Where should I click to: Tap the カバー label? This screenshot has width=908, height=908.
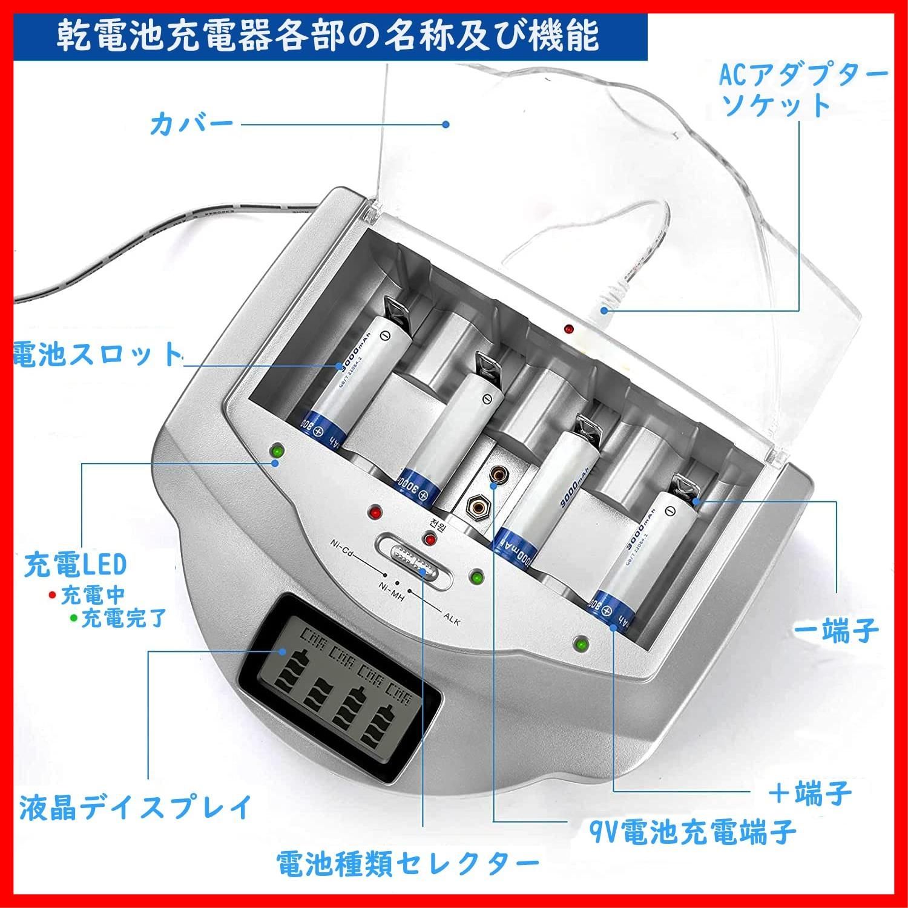click(x=191, y=125)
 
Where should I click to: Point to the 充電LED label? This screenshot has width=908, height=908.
click(x=76, y=564)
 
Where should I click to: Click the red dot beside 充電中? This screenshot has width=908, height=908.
click(x=52, y=594)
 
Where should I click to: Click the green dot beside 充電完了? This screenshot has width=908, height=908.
click(x=73, y=618)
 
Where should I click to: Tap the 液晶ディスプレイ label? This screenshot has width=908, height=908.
click(x=136, y=807)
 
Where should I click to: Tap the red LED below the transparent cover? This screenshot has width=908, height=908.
click(x=568, y=329)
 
